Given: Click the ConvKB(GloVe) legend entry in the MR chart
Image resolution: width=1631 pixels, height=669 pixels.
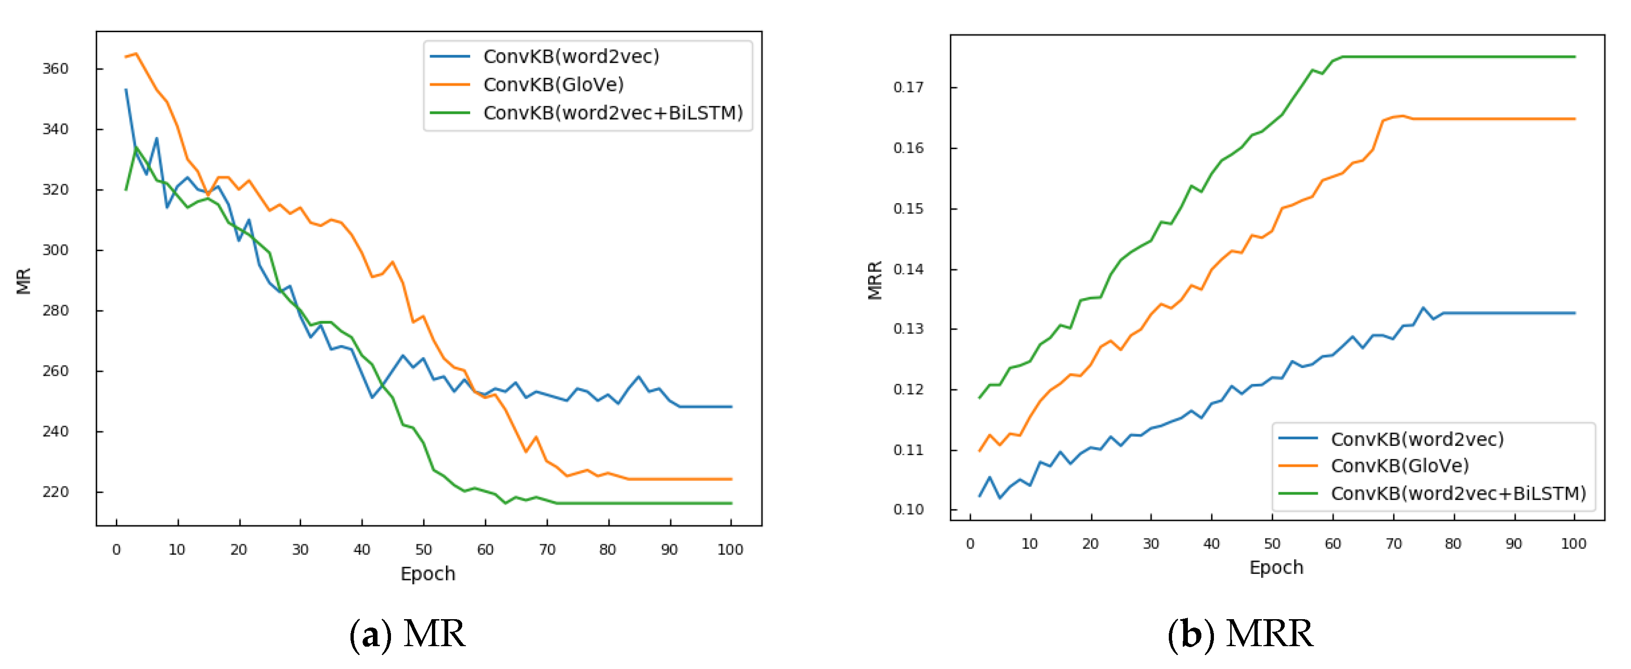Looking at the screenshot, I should click(553, 84).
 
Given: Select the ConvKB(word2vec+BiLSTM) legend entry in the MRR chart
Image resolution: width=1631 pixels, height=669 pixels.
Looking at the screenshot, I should click(1457, 493).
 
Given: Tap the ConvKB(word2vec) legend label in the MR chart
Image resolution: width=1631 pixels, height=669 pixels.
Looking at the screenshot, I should click(571, 56).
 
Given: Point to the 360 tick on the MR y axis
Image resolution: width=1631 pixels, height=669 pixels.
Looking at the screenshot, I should click(55, 68).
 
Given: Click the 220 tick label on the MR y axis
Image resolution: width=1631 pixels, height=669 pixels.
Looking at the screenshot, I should click(55, 492).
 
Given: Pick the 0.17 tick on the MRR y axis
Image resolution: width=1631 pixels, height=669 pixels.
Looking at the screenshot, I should click(908, 87).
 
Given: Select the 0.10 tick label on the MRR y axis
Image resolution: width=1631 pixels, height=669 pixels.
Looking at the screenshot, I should click(908, 509).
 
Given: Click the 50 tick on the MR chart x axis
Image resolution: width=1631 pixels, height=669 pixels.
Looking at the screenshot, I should click(423, 549).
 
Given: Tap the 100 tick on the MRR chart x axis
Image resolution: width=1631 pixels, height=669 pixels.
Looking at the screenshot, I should click(1573, 544).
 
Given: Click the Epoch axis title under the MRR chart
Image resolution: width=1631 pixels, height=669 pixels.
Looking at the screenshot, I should click(1276, 567).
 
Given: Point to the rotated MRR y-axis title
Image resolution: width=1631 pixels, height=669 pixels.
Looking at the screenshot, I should click(875, 280).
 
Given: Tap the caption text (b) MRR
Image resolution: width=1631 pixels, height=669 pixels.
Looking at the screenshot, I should click(1240, 634).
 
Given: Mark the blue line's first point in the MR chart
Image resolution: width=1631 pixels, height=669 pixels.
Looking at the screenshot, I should click(126, 90).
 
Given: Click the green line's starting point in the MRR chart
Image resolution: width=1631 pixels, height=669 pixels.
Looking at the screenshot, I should click(979, 398).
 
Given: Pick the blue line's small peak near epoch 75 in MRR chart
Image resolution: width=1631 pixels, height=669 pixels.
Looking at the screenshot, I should click(1423, 308).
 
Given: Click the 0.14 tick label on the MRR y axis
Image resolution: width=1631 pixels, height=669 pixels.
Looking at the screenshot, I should click(908, 269).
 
